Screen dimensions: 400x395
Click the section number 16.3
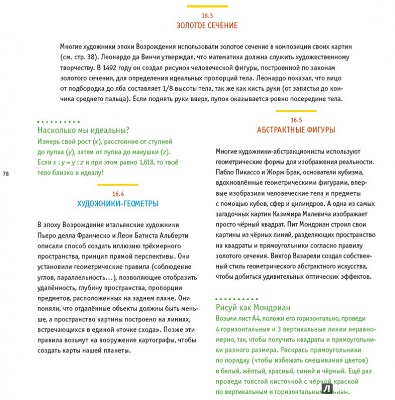[x=207, y=15]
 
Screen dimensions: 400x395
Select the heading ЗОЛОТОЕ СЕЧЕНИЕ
[x=207, y=25]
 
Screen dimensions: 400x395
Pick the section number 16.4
[x=118, y=193]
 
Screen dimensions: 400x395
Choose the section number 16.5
[x=296, y=120]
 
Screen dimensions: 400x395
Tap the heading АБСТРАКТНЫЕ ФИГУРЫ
[x=296, y=130]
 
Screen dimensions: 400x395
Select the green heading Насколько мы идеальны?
[x=83, y=131]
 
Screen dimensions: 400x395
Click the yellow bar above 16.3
[x=207, y=6]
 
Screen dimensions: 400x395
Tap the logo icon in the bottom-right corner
[x=328, y=389]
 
